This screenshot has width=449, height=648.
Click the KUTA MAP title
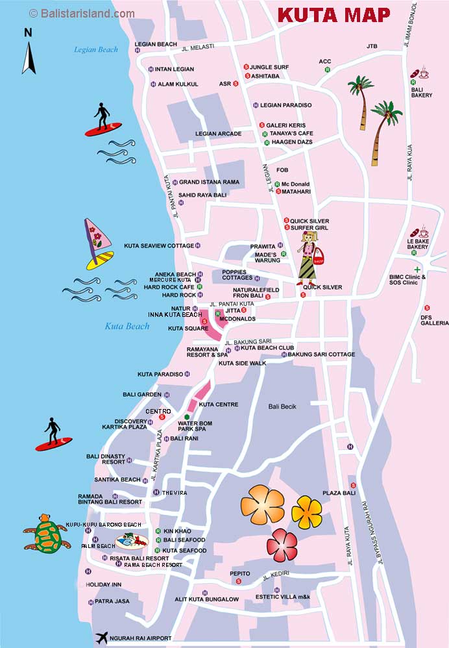coord(334,15)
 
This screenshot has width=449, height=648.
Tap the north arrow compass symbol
coord(29,52)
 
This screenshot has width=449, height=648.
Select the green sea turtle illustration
coord(45,534)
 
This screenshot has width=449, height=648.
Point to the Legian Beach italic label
coord(95,49)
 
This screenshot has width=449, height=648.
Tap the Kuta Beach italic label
coord(127,326)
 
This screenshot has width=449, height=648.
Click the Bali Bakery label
coord(422,92)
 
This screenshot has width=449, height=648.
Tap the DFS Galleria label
coord(434,319)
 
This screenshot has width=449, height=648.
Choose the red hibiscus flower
coord(282,545)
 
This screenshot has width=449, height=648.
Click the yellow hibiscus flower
coord(306,512)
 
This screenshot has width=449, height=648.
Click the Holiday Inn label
coord(104,584)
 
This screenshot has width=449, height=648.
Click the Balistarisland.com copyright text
coord(82,13)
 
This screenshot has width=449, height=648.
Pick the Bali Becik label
coord(282,406)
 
